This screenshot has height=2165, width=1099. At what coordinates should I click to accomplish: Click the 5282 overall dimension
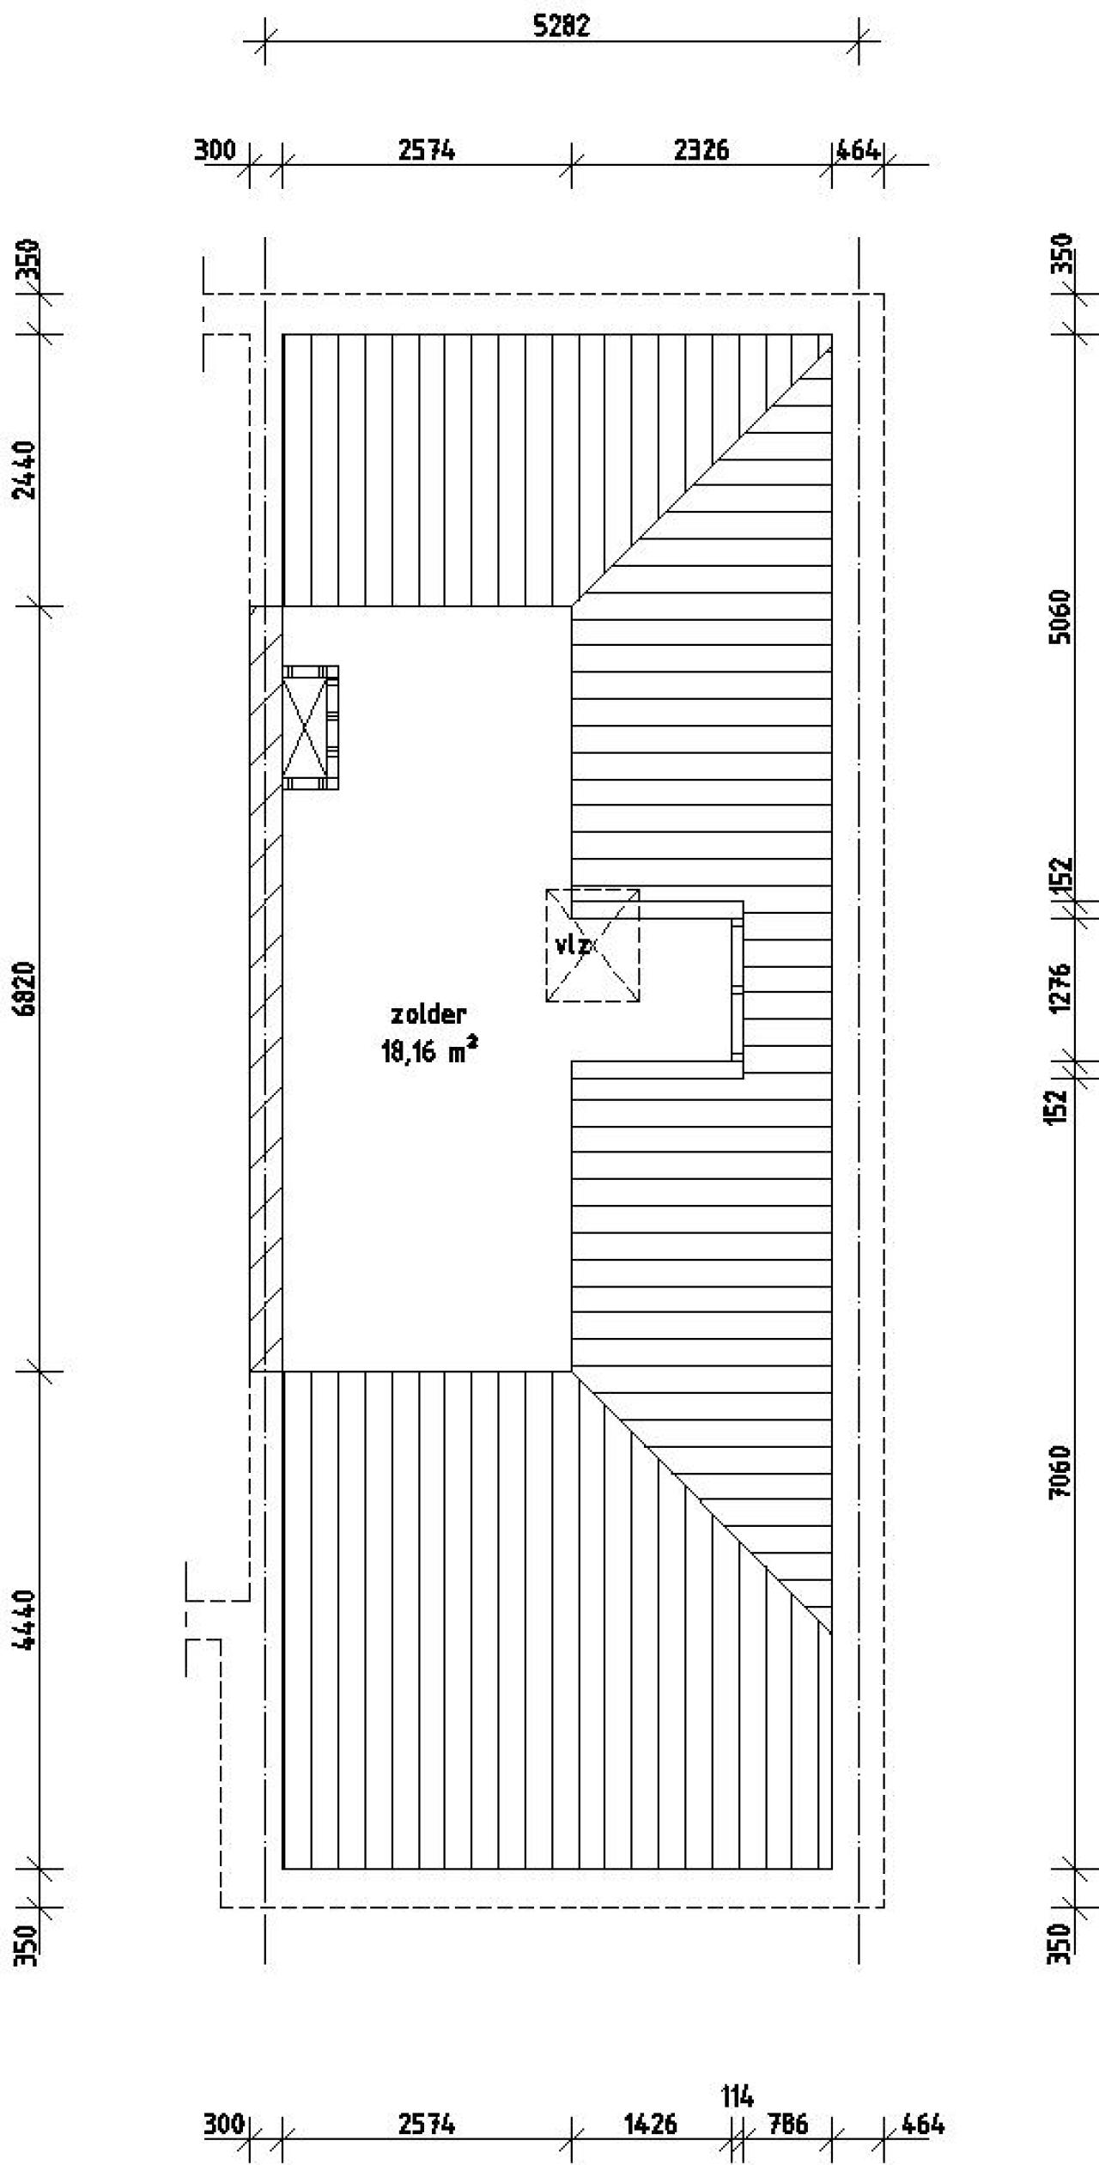pyautogui.click(x=562, y=27)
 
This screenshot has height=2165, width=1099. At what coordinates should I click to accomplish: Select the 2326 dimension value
pyautogui.click(x=701, y=150)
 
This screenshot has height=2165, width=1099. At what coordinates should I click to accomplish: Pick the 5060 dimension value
pyautogui.click(x=1061, y=617)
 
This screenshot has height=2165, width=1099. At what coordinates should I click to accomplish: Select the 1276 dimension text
pyautogui.click(x=1061, y=988)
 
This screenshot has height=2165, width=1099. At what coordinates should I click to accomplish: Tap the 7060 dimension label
pyautogui.click(x=1061, y=1472)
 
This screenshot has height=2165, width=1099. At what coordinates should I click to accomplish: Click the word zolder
pyautogui.click(x=428, y=1014)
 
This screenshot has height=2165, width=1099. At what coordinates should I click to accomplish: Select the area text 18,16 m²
pyautogui.click(x=429, y=1051)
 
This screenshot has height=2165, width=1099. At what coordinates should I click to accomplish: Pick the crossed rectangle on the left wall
pyautogui.click(x=310, y=728)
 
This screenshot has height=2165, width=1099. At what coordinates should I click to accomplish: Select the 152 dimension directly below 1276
pyautogui.click(x=1061, y=1107)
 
